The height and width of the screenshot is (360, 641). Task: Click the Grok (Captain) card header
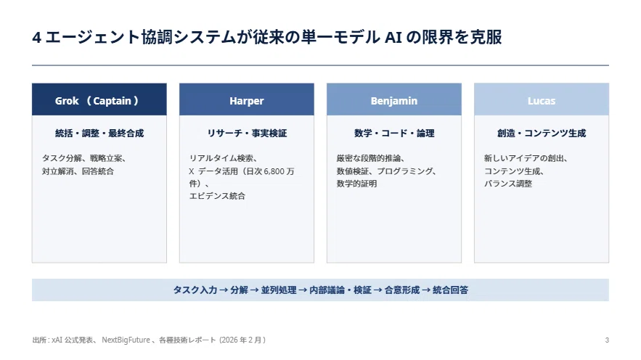tap(99, 99)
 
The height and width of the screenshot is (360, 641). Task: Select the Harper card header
tap(247, 99)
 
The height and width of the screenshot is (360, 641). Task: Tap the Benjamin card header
tap(394, 99)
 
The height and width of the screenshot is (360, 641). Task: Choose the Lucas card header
tap(542, 99)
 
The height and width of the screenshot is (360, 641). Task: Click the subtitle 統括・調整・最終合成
tap(99, 134)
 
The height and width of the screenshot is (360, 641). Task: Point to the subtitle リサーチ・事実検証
tap(247, 134)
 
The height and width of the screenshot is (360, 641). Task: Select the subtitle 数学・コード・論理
tap(394, 134)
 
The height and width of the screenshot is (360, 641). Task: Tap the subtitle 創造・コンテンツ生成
tap(542, 134)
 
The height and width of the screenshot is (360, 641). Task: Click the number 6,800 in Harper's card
tap(274, 171)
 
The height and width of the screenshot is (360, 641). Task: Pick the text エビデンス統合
tap(217, 196)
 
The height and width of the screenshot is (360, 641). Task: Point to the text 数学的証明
tap(356, 184)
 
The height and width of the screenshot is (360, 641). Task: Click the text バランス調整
tap(508, 184)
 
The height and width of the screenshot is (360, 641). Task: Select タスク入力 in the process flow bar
tap(195, 290)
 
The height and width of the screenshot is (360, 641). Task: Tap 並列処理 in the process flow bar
tap(279, 290)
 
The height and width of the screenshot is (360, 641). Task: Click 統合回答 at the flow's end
tap(451, 290)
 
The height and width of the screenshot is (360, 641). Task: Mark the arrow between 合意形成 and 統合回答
tap(426, 290)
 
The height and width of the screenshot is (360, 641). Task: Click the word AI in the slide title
tap(393, 38)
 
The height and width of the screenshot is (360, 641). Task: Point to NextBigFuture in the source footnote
tap(126, 340)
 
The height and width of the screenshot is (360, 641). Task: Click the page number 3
tap(607, 340)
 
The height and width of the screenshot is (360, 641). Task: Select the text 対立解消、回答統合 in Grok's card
tap(78, 171)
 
